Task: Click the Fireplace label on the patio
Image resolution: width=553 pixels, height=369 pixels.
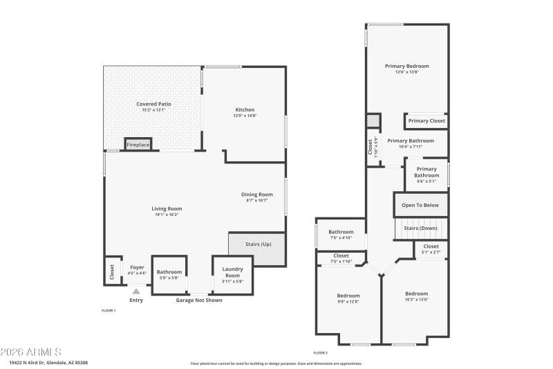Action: coord(138,145)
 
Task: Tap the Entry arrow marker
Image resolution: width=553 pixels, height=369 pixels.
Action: coord(137,291)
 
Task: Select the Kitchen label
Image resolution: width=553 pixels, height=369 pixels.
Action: coord(245,109)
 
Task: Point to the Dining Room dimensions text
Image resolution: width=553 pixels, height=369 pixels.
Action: coord(256,201)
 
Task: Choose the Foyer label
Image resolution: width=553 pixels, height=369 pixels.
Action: coord(136,267)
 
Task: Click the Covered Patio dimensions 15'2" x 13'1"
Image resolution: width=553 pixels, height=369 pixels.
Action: coord(153,110)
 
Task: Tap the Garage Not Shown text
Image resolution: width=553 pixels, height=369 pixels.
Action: coord(198,300)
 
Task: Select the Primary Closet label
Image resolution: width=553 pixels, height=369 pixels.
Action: coord(427,121)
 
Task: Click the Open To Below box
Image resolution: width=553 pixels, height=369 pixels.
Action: coord(420,205)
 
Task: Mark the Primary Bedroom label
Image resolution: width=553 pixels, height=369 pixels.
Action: coord(407,66)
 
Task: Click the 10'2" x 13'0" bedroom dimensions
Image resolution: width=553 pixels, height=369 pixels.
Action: coord(416,300)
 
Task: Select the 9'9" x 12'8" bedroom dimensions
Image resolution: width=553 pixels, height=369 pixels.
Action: coord(348,301)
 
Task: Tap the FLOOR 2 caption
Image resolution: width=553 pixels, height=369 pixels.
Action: coord(321,353)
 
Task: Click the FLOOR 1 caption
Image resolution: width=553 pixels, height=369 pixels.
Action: coord(109,310)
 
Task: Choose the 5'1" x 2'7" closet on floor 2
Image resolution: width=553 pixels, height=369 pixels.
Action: coord(431,252)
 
